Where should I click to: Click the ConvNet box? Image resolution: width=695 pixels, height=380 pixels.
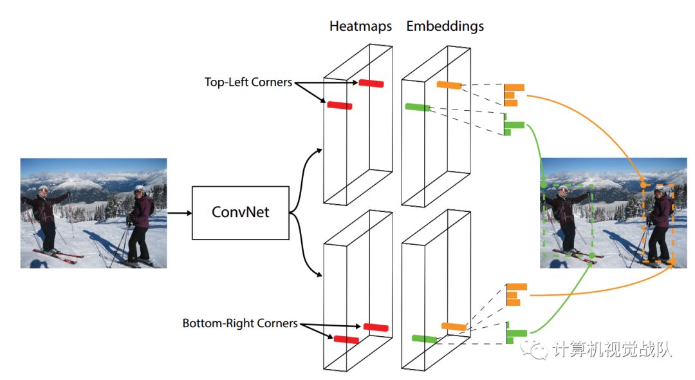click(240, 213)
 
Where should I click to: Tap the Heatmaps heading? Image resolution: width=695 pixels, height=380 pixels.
click(360, 26)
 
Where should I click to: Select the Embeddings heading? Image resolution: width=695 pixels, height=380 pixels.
click(445, 26)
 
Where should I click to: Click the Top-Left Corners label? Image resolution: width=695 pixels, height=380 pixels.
click(248, 82)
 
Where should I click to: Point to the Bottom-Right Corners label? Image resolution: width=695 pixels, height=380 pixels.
click(240, 323)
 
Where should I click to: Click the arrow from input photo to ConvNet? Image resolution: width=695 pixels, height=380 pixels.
click(179, 212)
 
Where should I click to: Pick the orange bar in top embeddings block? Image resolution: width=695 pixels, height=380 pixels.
click(449, 85)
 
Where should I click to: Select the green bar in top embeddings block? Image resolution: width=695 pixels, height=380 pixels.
click(417, 107)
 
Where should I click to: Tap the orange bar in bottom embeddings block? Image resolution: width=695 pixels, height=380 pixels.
click(453, 327)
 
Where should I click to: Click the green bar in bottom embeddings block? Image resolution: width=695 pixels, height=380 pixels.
click(424, 338)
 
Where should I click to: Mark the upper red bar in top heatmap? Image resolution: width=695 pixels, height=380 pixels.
click(371, 83)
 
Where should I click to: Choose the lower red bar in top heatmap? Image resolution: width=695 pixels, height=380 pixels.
click(339, 105)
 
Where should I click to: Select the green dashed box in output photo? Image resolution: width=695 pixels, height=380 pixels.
click(567, 220)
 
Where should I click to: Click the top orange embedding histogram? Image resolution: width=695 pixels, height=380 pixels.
click(513, 94)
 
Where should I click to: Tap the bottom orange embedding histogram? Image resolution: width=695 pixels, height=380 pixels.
click(515, 294)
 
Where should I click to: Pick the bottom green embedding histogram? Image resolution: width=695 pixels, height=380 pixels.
click(515, 332)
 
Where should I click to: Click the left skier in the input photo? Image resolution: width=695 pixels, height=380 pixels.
click(44, 216)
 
